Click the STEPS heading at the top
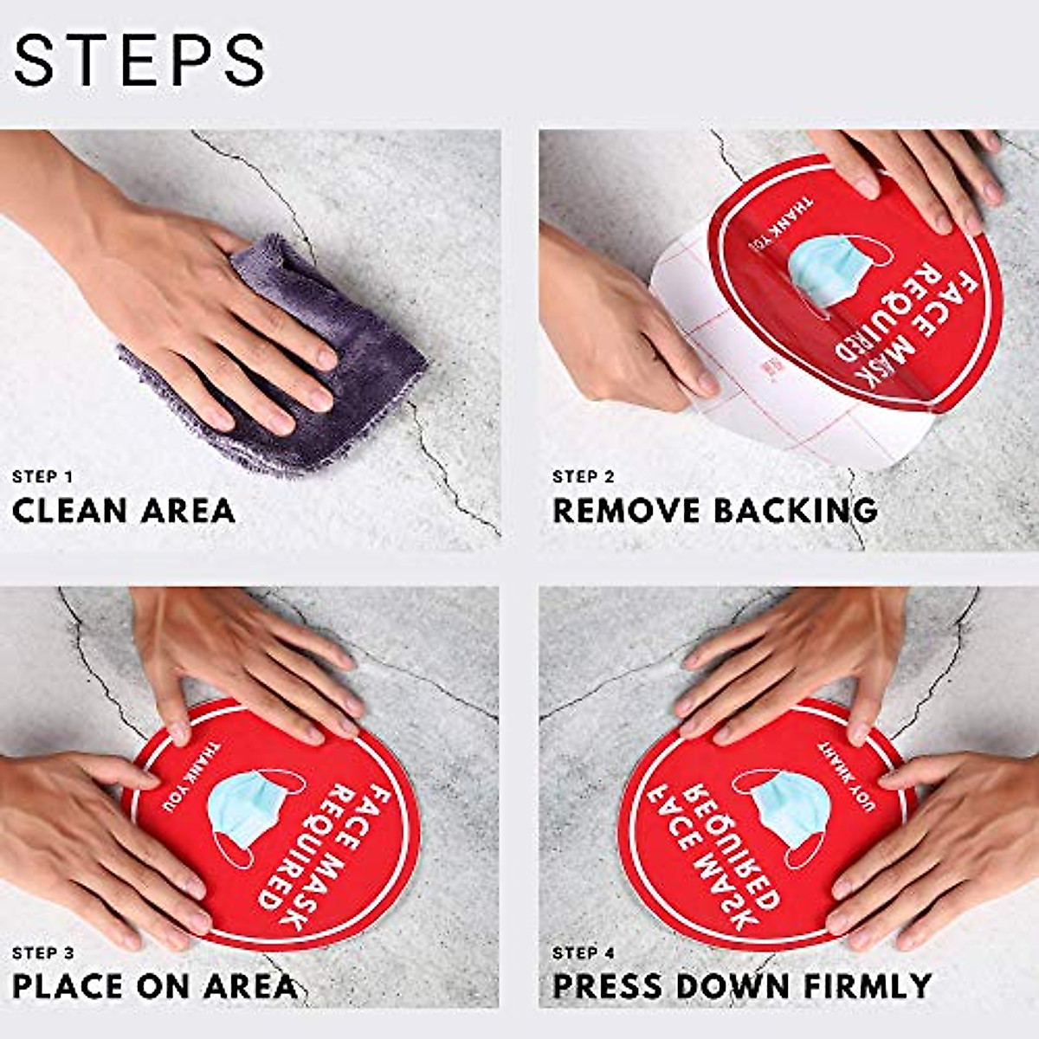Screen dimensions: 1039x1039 pyautogui.click(x=139, y=60)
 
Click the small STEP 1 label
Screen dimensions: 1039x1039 pyautogui.click(x=42, y=476)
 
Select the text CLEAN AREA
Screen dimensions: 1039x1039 pyautogui.click(x=124, y=510)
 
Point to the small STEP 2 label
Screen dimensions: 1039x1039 pyautogui.click(x=584, y=476)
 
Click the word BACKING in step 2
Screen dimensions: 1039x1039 pyautogui.click(x=795, y=510)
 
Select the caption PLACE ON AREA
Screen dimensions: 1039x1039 pyautogui.click(x=154, y=986)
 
